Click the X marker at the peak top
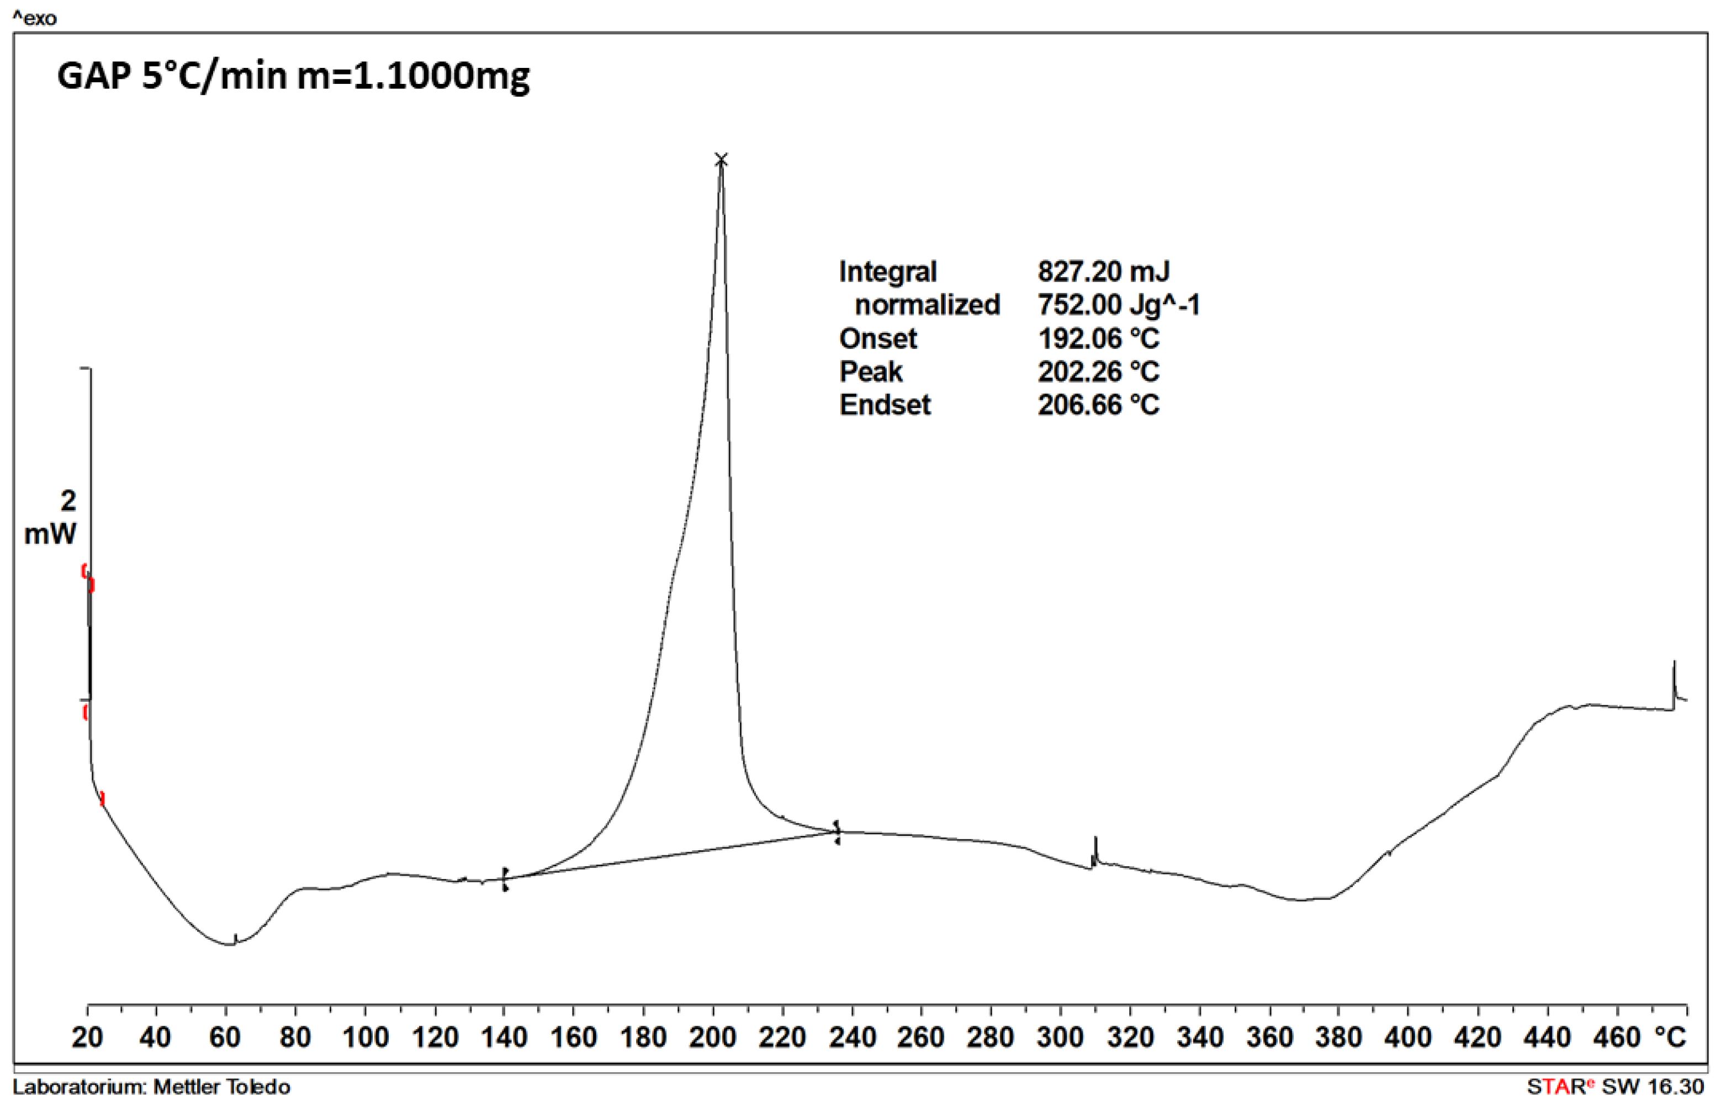[x=721, y=159]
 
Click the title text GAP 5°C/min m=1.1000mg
[x=293, y=76]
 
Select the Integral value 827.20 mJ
[x=1103, y=272]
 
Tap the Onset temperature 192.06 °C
[x=1098, y=338]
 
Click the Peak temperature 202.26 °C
[x=1098, y=372]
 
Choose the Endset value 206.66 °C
[x=1098, y=405]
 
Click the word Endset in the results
[x=884, y=405]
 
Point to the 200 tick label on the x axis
[x=712, y=1037]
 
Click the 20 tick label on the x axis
[x=87, y=1037]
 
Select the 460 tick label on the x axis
[x=1617, y=1037]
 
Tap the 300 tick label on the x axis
[x=1060, y=1037]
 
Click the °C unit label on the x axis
[x=1669, y=1037]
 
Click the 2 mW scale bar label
[x=52, y=517]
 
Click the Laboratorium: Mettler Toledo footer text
[x=152, y=1086]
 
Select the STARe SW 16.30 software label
[x=1615, y=1086]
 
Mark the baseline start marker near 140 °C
[x=505, y=878]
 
